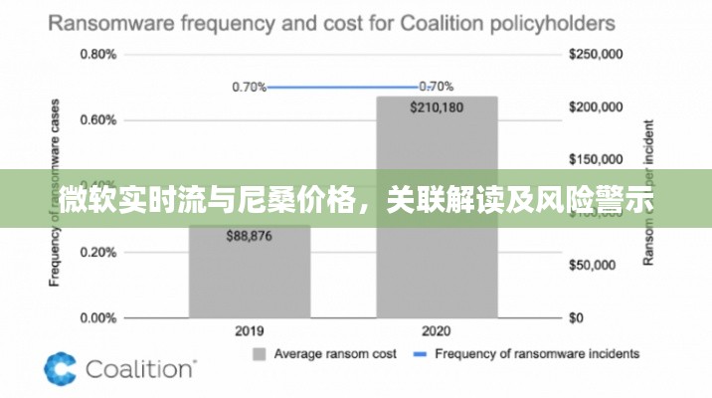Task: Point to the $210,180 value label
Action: click(436, 107)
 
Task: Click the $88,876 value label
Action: click(249, 236)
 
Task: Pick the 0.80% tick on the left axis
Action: click(97, 55)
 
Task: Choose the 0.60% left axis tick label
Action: click(97, 120)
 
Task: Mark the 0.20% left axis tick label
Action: click(97, 252)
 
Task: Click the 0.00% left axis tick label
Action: click(97, 318)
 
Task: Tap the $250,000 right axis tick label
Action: click(594, 55)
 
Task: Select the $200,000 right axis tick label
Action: click(594, 107)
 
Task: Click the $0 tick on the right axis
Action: click(577, 318)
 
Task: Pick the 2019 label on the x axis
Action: click(249, 330)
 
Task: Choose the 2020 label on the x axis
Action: click(436, 330)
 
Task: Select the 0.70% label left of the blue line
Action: click(249, 87)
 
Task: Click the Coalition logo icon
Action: click(60, 368)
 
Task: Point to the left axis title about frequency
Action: click(56, 194)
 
